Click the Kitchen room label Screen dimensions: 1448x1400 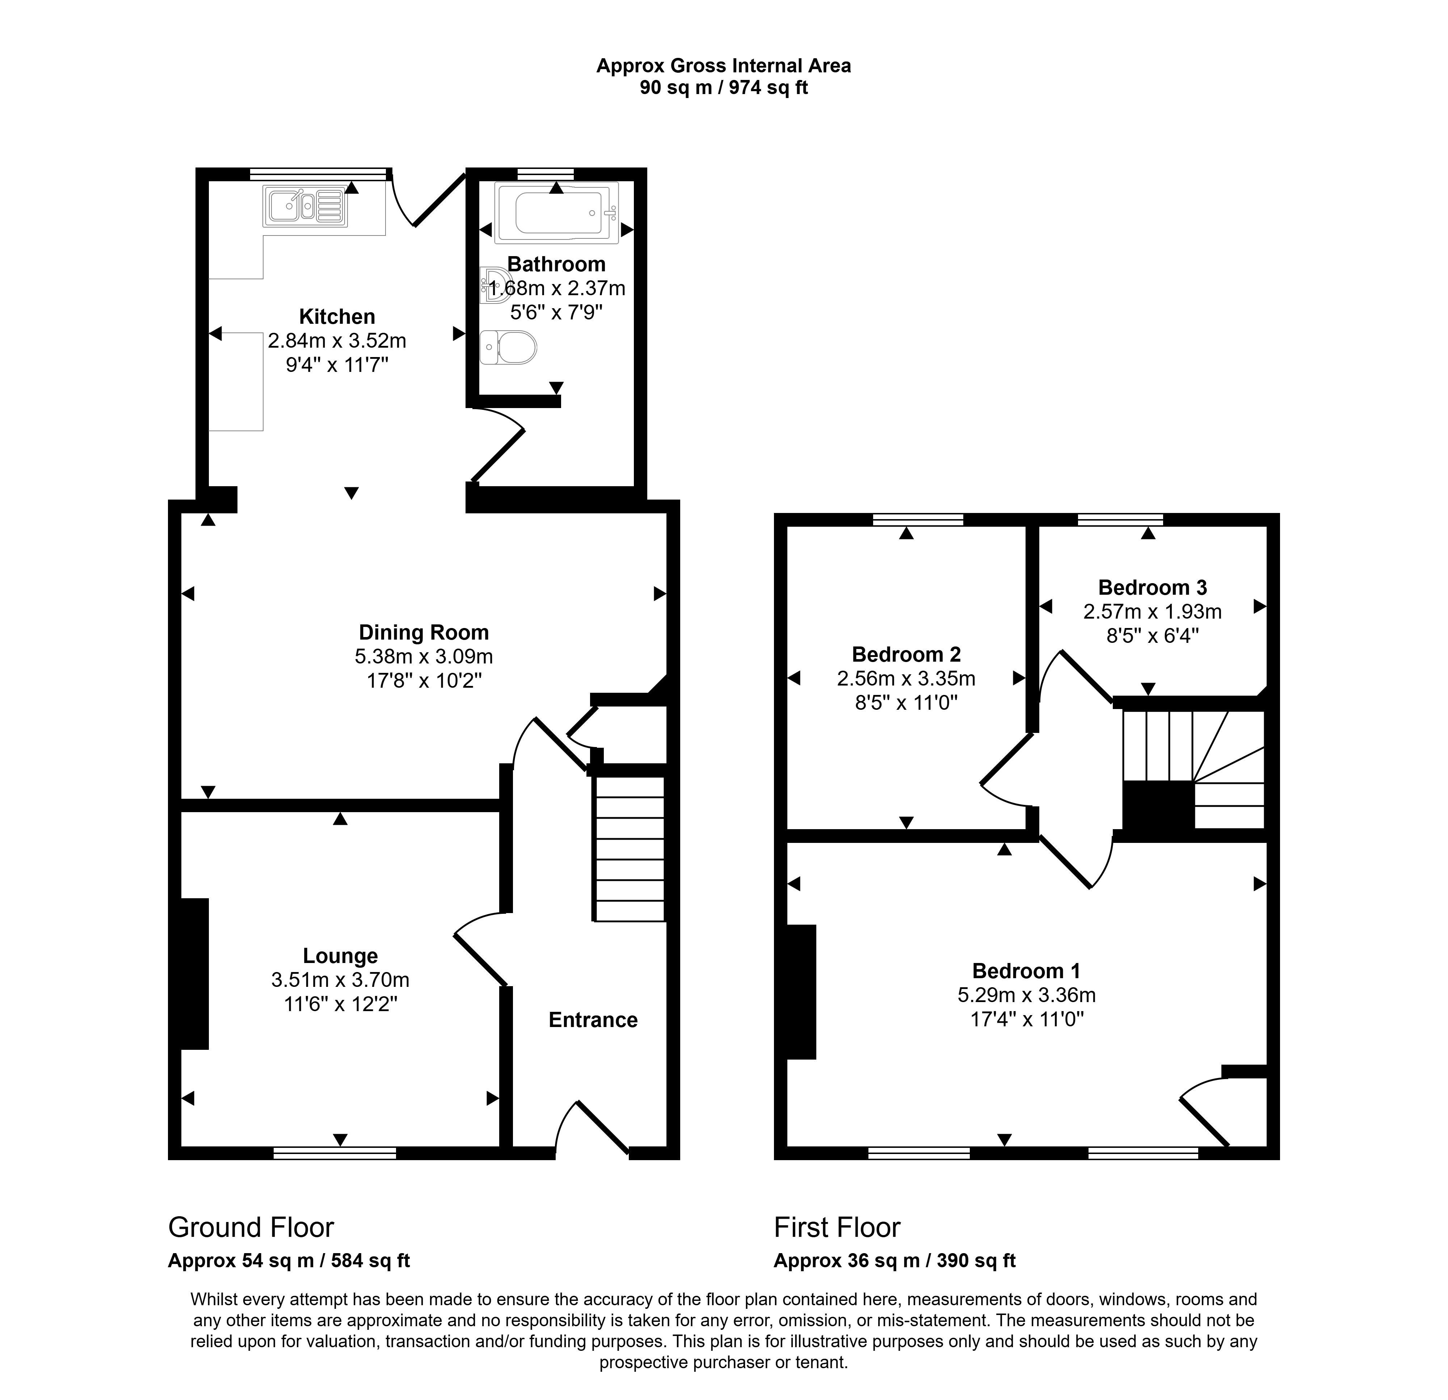pyautogui.click(x=337, y=317)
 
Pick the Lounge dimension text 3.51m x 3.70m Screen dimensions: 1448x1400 pyautogui.click(x=340, y=980)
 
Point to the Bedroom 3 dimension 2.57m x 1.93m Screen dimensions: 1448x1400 pyautogui.click(x=1153, y=611)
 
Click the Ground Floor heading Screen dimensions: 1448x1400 pyautogui.click(x=251, y=1227)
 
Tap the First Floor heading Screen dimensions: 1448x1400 pyautogui.click(x=837, y=1227)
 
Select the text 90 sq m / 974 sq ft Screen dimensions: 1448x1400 pyautogui.click(x=724, y=88)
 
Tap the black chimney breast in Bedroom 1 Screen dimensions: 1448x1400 pyautogui.click(x=801, y=992)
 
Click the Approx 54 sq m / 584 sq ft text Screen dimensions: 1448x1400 pyautogui.click(x=289, y=1260)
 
